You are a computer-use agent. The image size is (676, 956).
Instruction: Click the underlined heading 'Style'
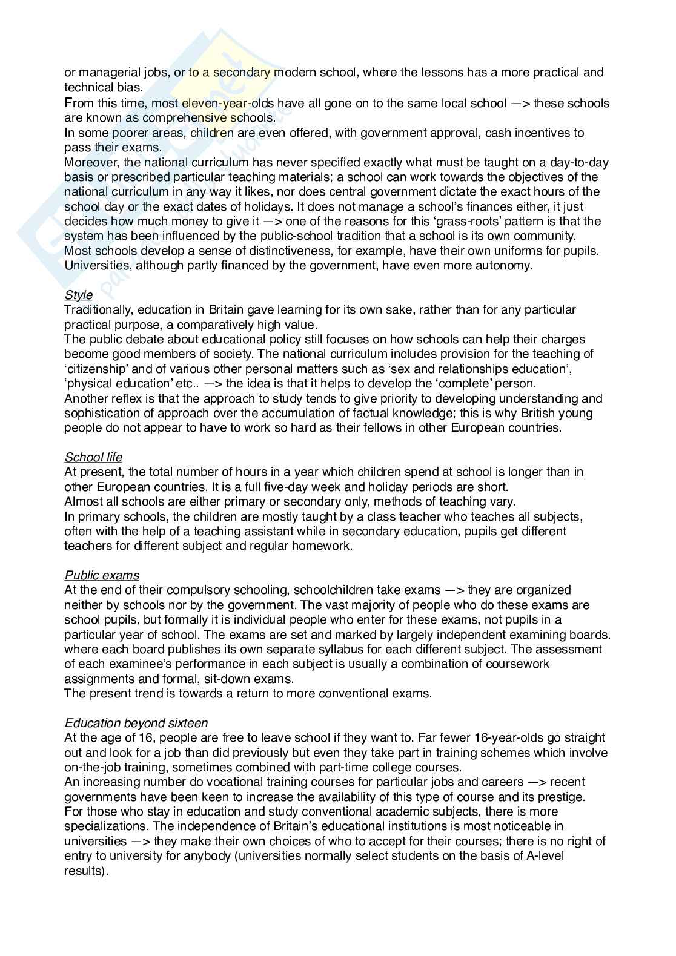pyautogui.click(x=78, y=295)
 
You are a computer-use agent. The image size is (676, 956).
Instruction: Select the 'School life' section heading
pyautogui.click(x=93, y=457)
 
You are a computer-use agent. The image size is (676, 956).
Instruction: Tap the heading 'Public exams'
pyautogui.click(x=101, y=575)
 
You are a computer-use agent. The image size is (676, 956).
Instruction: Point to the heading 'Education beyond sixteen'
pyautogui.click(x=136, y=723)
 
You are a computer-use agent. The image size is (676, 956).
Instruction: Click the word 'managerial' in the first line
pyautogui.click(x=110, y=73)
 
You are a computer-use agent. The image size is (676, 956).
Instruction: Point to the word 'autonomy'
pyautogui.click(x=504, y=265)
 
